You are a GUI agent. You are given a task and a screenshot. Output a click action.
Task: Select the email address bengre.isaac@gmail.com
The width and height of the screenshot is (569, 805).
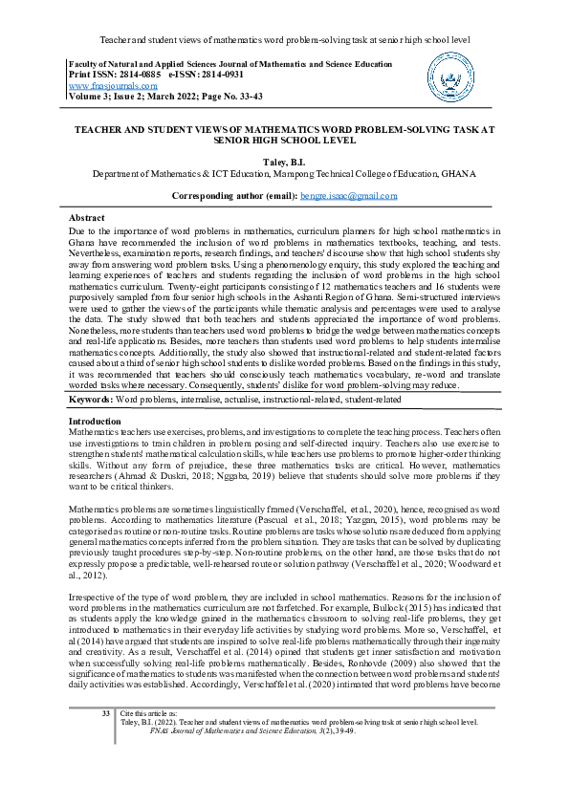point(348,195)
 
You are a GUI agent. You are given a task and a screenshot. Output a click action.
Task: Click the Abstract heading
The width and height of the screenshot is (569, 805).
point(87,218)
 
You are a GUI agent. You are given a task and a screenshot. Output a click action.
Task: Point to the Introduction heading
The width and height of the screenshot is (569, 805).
point(95,421)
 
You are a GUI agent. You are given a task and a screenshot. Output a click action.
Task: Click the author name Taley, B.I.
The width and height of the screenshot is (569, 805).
point(284,163)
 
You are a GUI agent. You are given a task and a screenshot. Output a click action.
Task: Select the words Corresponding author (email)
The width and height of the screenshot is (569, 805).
point(233,195)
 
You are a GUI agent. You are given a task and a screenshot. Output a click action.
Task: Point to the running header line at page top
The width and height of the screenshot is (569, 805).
point(284,40)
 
